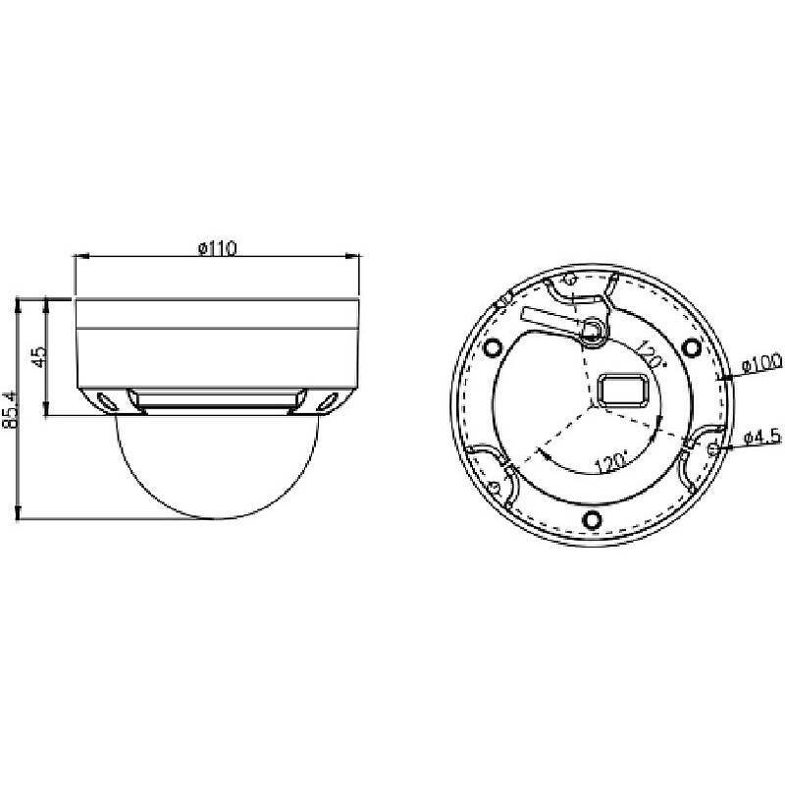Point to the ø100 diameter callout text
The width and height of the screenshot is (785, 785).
pyautogui.click(x=761, y=363)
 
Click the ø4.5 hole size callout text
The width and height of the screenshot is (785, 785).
pyautogui.click(x=762, y=435)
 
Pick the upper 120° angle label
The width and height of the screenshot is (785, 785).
pyautogui.click(x=648, y=353)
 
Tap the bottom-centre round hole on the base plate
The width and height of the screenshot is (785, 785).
pyautogui.click(x=592, y=519)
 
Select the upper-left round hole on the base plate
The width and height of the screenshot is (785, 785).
pyautogui.click(x=493, y=345)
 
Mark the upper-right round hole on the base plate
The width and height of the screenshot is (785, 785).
pyautogui.click(x=692, y=345)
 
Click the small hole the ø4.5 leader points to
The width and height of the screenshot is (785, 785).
pyautogui.click(x=713, y=448)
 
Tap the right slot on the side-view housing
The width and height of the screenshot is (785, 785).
pyautogui.click(x=328, y=399)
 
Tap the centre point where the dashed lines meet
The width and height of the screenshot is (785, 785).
pyautogui.click(x=592, y=403)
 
